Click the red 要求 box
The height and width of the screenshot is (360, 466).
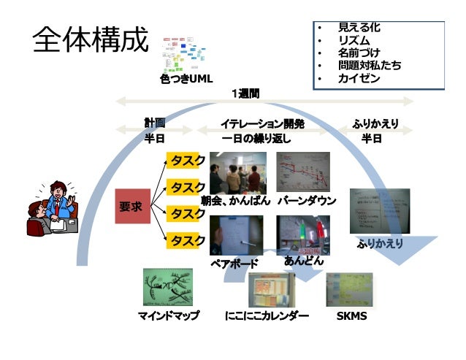[131, 207]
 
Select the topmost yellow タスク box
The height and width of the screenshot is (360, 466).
[187, 161]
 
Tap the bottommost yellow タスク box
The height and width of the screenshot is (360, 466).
[187, 240]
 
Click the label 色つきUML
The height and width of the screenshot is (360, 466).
[186, 78]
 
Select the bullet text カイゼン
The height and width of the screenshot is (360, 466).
[359, 78]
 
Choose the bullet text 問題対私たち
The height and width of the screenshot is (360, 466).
[369, 66]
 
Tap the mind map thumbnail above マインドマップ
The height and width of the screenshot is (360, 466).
[167, 287]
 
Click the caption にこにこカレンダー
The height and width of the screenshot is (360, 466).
[267, 318]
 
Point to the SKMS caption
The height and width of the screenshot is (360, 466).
[351, 318]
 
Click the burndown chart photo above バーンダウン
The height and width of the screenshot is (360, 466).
[303, 172]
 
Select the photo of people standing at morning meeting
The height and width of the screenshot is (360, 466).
[236, 172]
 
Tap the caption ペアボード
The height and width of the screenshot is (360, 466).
[234, 263]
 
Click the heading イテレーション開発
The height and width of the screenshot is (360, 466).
[262, 124]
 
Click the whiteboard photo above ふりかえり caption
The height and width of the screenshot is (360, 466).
[379, 211]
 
